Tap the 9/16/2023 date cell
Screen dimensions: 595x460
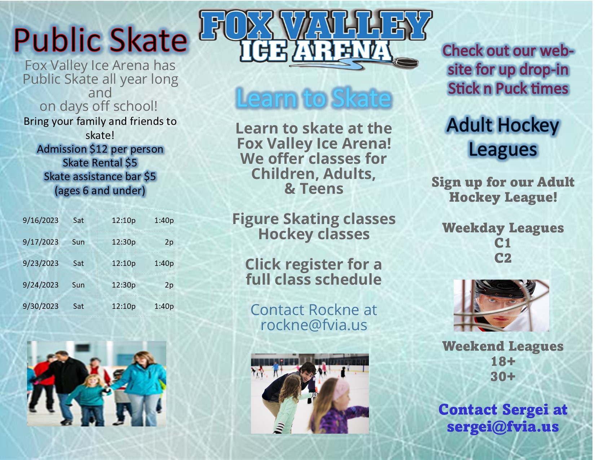click(x=40, y=220)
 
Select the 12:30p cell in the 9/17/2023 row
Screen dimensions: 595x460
click(x=123, y=242)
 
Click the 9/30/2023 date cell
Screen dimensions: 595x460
click(x=40, y=306)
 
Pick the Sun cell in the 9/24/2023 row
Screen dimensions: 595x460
click(x=78, y=285)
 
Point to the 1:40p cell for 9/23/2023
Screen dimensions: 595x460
click(x=164, y=263)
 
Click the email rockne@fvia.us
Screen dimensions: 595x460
click(x=314, y=325)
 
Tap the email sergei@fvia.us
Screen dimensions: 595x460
click(x=503, y=426)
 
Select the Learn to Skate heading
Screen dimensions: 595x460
click(x=314, y=98)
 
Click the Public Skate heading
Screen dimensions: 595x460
click(x=100, y=40)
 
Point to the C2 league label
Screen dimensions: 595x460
click(x=503, y=258)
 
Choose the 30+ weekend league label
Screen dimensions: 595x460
click(x=503, y=376)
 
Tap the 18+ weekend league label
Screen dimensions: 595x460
click(x=503, y=362)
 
